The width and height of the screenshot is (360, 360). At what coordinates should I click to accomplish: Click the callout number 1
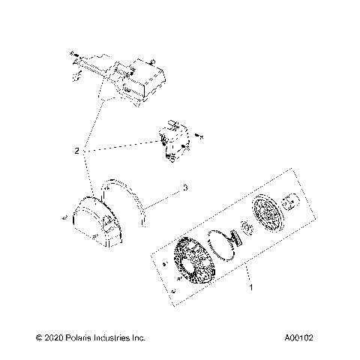[250, 286]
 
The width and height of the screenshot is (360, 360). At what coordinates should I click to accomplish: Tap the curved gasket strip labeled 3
[134, 206]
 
